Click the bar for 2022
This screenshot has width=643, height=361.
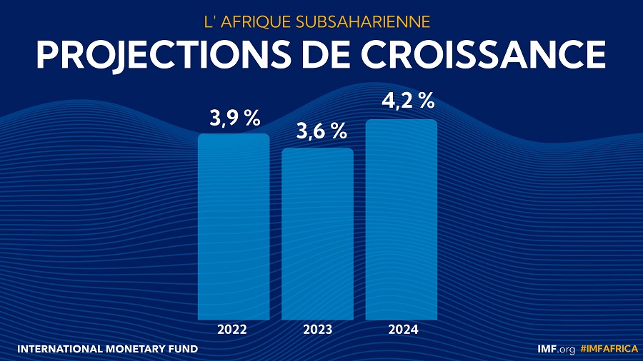234,226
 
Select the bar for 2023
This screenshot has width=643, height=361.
317,233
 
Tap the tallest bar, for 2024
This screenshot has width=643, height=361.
401,219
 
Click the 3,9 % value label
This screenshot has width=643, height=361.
234,119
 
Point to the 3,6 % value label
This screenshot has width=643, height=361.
321,131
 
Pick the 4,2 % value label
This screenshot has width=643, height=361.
408,101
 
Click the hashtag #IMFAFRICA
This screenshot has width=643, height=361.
609,349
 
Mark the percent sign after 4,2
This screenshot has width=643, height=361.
427,101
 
